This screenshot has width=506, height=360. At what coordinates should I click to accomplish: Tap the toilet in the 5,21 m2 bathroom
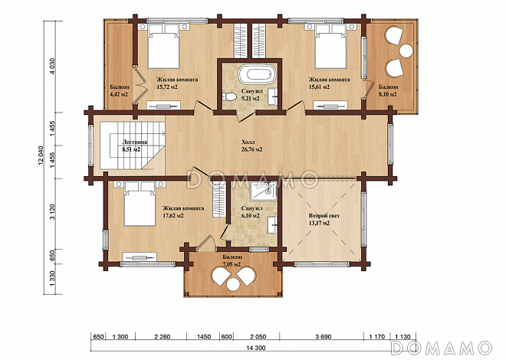click(x=228, y=96)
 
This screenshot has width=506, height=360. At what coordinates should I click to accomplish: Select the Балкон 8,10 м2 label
click(x=389, y=93)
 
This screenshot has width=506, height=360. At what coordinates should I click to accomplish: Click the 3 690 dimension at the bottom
click(x=323, y=337)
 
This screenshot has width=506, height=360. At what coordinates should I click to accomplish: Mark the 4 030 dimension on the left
click(x=53, y=67)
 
